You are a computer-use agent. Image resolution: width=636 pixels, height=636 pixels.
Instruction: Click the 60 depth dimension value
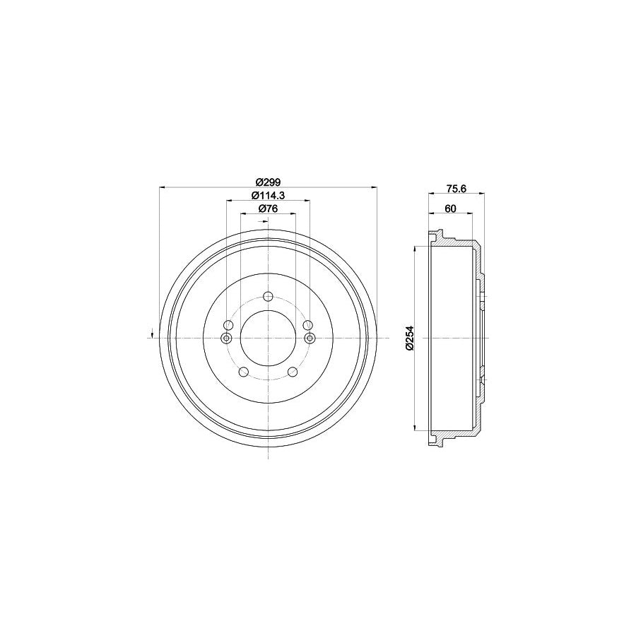451,208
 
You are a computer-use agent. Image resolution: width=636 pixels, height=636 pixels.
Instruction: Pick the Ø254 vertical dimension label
408,338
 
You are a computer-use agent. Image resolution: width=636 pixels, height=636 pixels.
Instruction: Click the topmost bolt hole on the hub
268,297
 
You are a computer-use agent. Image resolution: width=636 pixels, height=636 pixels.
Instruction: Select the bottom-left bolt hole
242,372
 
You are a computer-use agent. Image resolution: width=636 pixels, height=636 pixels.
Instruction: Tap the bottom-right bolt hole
293,372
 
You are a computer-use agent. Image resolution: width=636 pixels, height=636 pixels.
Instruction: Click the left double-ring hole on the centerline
227,338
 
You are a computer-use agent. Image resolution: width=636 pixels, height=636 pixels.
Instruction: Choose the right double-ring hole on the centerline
309,338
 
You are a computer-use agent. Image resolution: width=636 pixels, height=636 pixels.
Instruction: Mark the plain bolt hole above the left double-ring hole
228,325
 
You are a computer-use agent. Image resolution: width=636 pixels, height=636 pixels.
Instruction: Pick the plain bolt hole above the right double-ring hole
307,325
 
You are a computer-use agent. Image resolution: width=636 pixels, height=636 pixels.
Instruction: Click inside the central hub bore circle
268,338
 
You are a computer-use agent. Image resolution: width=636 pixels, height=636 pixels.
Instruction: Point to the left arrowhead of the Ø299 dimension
164,187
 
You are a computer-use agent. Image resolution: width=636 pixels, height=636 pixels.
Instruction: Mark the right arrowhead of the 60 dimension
470,215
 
